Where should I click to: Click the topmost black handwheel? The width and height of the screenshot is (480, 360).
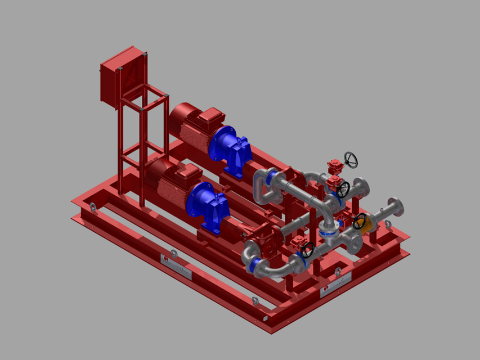tap(351, 160)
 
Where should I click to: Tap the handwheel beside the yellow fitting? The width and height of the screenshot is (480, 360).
tap(359, 221)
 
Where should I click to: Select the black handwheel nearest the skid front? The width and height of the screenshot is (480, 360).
tap(307, 250)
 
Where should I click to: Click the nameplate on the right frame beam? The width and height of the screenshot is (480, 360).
tap(336, 285)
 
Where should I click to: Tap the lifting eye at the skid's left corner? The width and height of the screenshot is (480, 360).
tap(92, 208)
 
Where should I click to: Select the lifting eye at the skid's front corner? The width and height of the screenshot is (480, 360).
tap(255, 301)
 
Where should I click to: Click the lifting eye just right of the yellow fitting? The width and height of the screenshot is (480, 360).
tap(388, 225)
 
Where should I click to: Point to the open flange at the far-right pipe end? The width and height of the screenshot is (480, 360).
tap(397, 206)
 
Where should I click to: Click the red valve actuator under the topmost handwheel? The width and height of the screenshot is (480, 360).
tap(334, 167)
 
